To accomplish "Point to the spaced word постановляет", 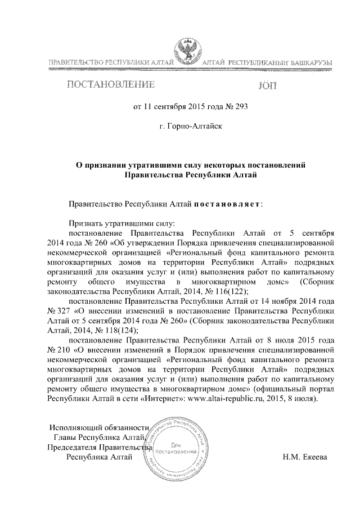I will point(227,203).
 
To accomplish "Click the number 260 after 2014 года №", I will point(101,243).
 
